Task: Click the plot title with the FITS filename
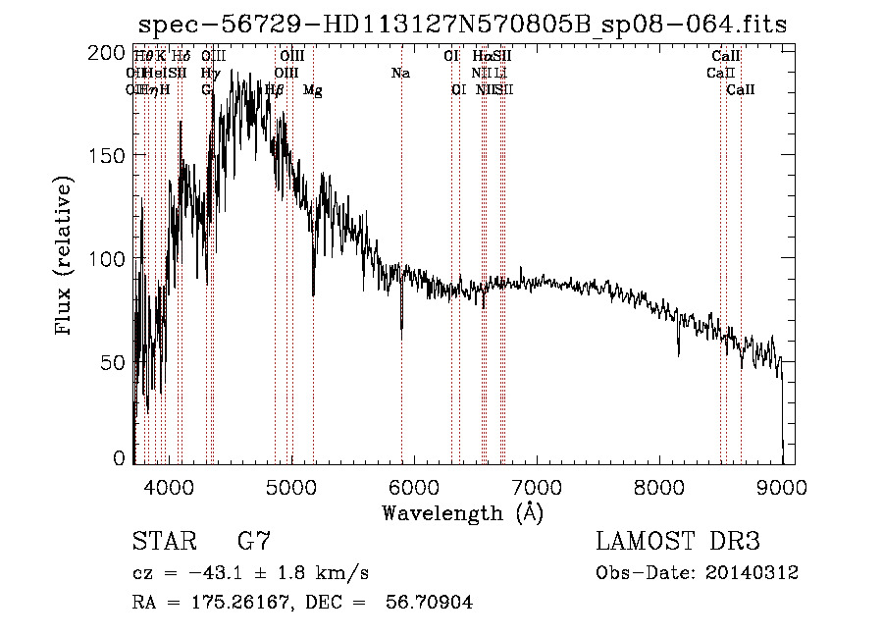tap(462, 24)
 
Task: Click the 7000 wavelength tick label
tap(537, 486)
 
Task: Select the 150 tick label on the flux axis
tap(109, 155)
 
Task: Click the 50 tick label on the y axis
tap(115, 361)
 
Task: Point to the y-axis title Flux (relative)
tap(66, 256)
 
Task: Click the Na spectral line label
tap(399, 73)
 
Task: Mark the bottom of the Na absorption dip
tap(401, 337)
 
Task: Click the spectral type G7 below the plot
tap(254, 542)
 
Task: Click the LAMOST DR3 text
tap(678, 542)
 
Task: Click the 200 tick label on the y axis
tap(109, 52)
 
